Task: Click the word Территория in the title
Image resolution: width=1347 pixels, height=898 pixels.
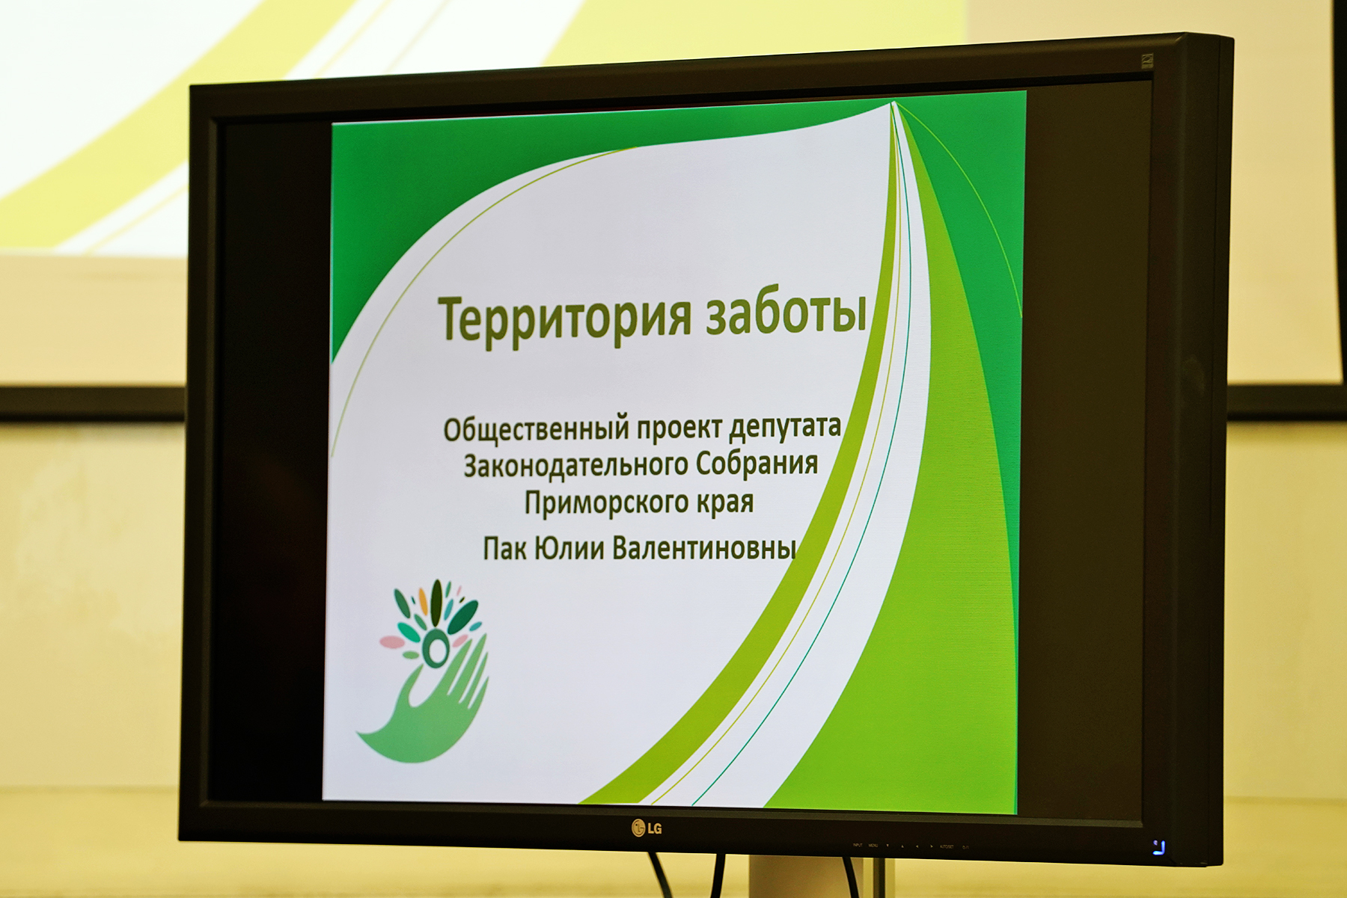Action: pyautogui.click(x=564, y=319)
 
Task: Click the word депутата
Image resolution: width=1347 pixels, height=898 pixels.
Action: pyautogui.click(x=785, y=426)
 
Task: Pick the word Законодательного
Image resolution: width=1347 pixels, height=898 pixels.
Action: pyautogui.click(x=575, y=466)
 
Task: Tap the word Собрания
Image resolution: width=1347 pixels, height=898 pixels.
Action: pyautogui.click(x=757, y=463)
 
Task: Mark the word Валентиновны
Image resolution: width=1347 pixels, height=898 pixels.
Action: pyautogui.click(x=704, y=548)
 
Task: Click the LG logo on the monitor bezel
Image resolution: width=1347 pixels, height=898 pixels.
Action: pyautogui.click(x=647, y=828)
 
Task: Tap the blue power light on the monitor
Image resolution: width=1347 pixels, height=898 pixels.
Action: pyautogui.click(x=1159, y=847)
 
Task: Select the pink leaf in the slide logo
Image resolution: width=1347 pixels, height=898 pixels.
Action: pyautogui.click(x=391, y=642)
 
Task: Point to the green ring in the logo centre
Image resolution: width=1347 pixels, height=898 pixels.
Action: pyautogui.click(x=434, y=648)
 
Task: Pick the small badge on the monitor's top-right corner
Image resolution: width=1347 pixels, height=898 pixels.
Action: pyautogui.click(x=1147, y=61)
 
